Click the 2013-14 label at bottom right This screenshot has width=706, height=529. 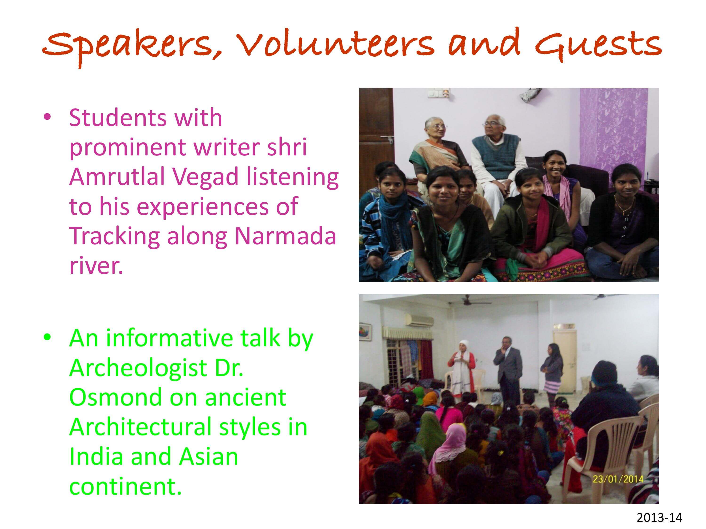click(x=659, y=517)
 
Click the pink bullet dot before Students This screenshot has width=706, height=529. click(x=47, y=117)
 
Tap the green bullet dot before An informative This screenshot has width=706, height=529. click(x=47, y=337)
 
